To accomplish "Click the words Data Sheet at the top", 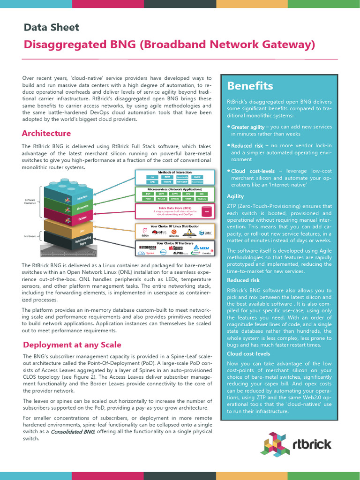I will point(52,27).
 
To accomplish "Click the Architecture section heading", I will point(46,133).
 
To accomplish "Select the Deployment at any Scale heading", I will point(72,345).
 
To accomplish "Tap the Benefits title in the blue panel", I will point(250,86).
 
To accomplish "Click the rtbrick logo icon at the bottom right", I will point(275,443).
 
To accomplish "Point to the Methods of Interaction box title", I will point(174,172).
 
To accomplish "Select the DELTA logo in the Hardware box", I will point(202,247).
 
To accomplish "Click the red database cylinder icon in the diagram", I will point(207,212).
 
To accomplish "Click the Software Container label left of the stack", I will point(30,202).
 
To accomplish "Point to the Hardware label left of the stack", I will point(30,236).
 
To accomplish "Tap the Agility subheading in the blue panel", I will point(235,196).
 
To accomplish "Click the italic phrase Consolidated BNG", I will point(73,431).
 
